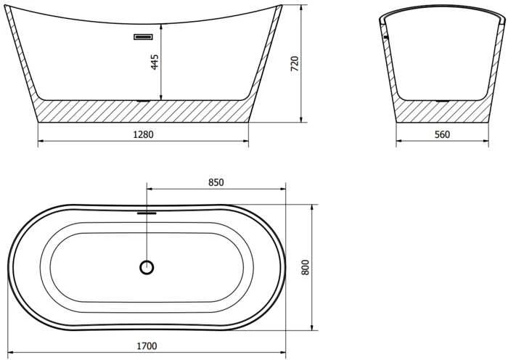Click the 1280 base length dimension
[143, 134]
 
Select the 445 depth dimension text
[155, 62]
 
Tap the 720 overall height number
[295, 64]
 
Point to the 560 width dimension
[442, 134]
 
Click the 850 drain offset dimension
[216, 183]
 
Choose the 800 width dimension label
[306, 267]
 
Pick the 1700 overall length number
[147, 346]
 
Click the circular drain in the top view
[147, 268]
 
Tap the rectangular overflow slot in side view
[143, 37]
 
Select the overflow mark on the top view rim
[147, 213]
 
